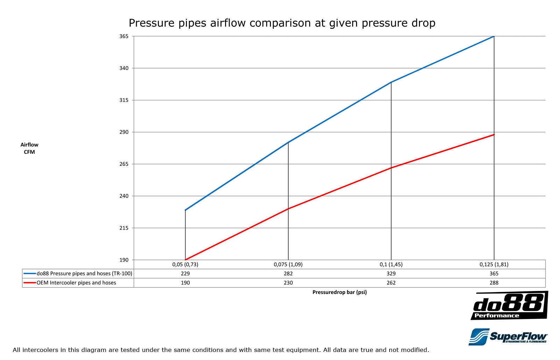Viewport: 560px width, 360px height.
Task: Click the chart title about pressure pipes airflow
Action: click(282, 23)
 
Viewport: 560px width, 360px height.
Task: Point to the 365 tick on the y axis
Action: click(124, 36)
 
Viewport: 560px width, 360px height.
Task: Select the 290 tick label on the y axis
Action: click(124, 132)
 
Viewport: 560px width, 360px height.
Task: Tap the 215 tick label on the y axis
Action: click(124, 228)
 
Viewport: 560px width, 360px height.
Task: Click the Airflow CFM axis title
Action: click(29, 148)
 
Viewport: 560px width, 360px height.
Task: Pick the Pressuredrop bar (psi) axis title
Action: click(339, 292)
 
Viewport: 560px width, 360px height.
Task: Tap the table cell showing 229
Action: click(185, 274)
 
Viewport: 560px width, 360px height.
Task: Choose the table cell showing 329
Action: click(391, 274)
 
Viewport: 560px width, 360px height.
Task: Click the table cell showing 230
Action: click(288, 283)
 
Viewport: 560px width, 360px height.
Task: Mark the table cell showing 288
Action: click(494, 283)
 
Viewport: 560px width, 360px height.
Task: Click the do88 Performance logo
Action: click(509, 306)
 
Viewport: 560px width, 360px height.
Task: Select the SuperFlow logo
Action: click(508, 337)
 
